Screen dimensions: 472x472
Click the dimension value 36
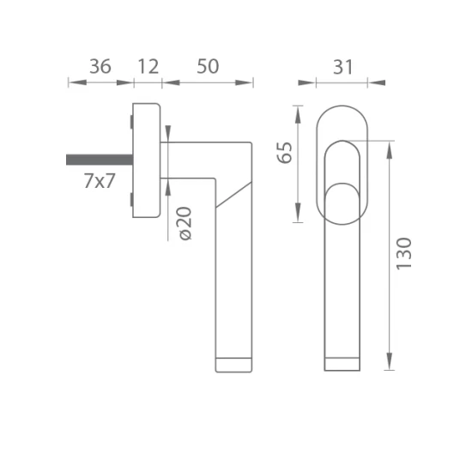tap(100, 67)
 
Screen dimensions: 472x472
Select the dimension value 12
tap(148, 67)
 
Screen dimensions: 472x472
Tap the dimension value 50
tap(208, 67)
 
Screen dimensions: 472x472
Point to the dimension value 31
tap(342, 67)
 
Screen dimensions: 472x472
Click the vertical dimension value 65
tap(285, 152)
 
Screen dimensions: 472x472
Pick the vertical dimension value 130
tap(403, 254)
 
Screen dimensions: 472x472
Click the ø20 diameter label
tap(185, 223)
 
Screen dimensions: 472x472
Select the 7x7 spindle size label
tap(100, 181)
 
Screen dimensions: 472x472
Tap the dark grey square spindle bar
tap(100, 160)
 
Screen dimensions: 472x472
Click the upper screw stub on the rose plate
tap(131, 122)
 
